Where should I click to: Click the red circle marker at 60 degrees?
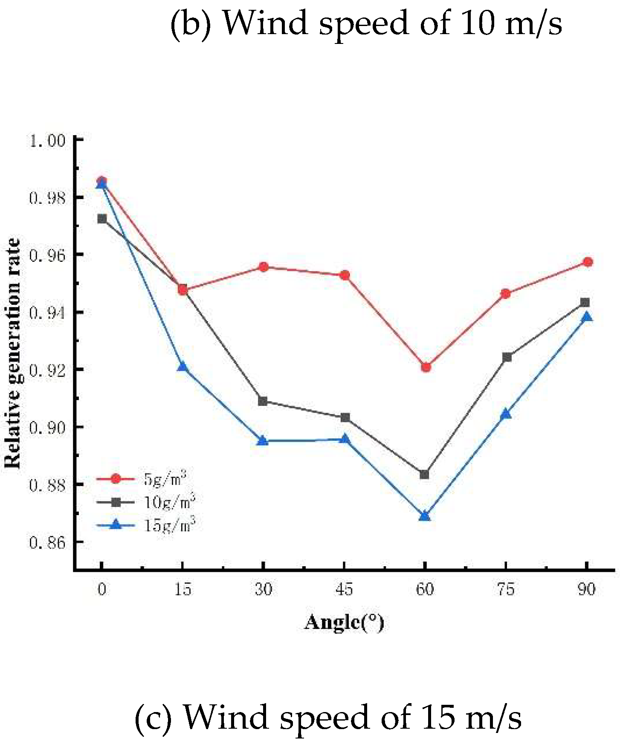pos(426,367)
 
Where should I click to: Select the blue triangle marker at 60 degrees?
pos(424,516)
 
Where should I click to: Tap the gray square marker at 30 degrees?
pos(263,401)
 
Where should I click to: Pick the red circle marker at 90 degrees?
pos(588,262)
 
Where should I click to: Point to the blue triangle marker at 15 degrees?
pos(183,367)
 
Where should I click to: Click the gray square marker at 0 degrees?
pos(102,219)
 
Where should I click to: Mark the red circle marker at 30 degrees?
pos(264,267)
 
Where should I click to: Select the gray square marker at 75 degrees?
pos(507,357)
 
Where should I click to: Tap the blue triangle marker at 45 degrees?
pos(345,439)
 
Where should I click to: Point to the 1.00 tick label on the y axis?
pos(47,140)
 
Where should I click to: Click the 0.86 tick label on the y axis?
pos(47,542)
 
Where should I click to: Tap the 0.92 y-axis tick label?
pos(47,370)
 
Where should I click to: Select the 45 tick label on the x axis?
pos(344,589)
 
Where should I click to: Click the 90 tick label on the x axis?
pos(587,589)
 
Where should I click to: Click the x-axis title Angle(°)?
pos(344,622)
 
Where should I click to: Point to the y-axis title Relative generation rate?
pos(13,353)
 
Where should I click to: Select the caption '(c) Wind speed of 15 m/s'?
pos(328,717)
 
